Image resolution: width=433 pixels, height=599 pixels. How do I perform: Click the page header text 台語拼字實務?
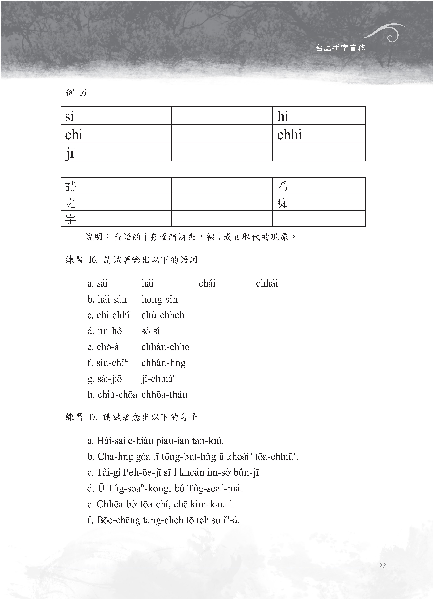click(340, 48)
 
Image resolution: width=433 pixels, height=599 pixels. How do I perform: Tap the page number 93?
click(382, 565)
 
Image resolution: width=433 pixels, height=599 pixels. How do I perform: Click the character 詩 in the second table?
click(71, 186)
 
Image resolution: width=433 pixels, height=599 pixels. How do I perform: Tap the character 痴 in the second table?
click(283, 203)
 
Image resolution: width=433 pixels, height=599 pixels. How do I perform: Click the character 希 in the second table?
click(283, 186)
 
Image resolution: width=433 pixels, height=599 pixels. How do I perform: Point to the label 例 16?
click(76, 93)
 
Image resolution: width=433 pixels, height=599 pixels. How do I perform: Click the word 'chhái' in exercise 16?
click(267, 283)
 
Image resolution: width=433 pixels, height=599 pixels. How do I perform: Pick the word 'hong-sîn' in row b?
click(159, 299)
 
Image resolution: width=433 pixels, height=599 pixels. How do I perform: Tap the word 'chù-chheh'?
click(163, 315)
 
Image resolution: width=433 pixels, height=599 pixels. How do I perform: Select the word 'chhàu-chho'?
click(165, 347)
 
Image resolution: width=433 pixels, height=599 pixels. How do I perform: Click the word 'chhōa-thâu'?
click(164, 395)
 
